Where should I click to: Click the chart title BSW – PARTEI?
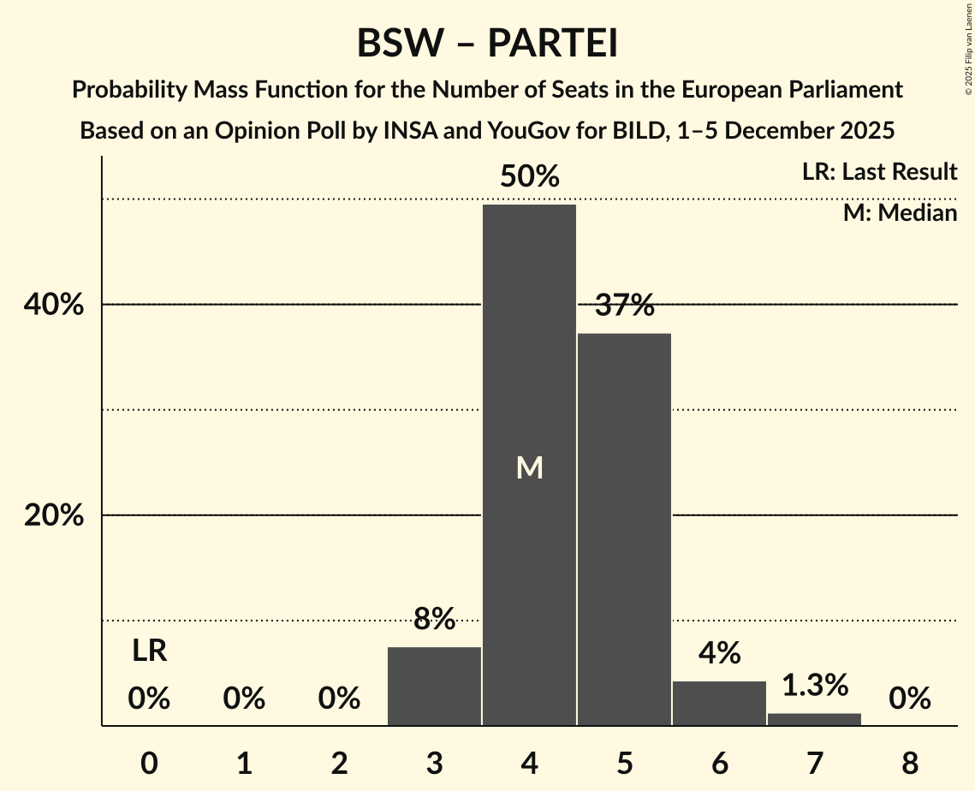[487, 44]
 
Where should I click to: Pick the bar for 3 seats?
[434, 686]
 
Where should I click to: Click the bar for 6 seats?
[719, 703]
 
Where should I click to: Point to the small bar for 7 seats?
[814, 719]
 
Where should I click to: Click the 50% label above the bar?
[529, 177]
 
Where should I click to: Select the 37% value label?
[624, 306]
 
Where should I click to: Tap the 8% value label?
[434, 619]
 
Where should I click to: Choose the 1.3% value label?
[814, 685]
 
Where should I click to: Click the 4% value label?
[719, 653]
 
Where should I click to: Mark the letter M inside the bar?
[529, 467]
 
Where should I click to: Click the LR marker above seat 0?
[149, 651]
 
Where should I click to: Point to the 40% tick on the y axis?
[59, 305]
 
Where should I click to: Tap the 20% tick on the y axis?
[59, 515]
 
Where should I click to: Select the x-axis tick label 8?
[909, 763]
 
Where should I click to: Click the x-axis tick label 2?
[339, 763]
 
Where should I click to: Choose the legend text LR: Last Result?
[879, 172]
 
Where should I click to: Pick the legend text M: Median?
[900, 212]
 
